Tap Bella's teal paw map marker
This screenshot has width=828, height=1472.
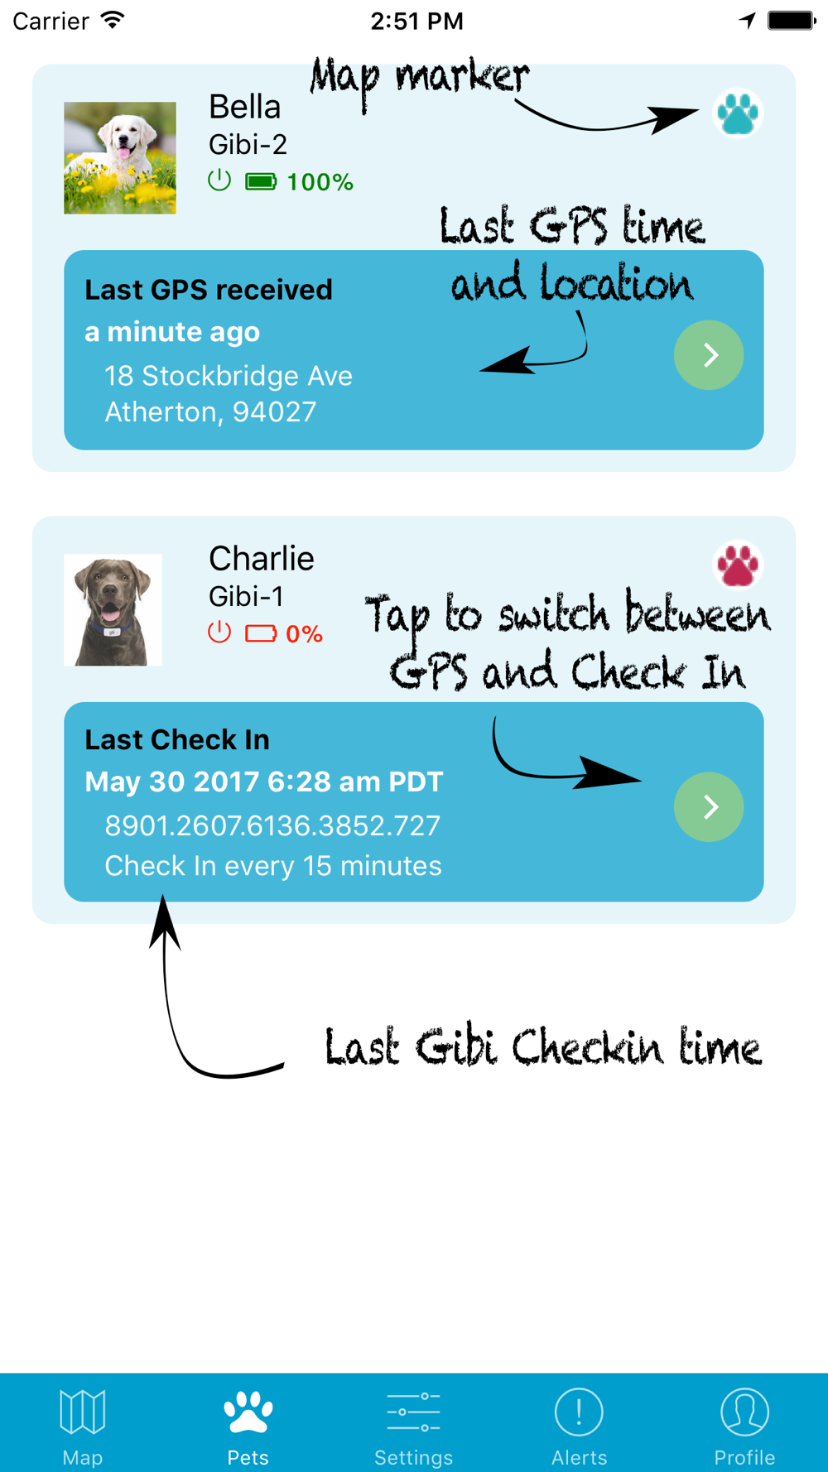[x=737, y=113]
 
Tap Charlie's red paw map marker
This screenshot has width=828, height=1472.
[x=737, y=565]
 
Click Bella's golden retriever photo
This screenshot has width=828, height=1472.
[x=120, y=157]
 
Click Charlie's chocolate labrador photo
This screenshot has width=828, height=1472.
[x=113, y=609]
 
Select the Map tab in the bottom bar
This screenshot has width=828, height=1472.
[x=83, y=1424]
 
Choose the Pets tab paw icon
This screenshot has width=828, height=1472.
[x=248, y=1412]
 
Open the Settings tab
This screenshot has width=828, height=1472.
[x=413, y=1424]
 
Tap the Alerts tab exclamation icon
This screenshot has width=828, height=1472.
[x=579, y=1412]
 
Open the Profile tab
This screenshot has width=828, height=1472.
[x=744, y=1424]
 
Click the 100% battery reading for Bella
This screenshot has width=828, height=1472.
[x=320, y=182]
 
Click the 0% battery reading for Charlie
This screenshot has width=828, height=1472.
[x=304, y=634]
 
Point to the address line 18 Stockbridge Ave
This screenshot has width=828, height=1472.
[x=229, y=376]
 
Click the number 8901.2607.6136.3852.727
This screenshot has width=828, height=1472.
[x=272, y=825]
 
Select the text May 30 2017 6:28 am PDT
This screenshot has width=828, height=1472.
[x=264, y=782]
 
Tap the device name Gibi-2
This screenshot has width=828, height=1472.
[x=248, y=145]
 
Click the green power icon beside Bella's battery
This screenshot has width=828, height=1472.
[x=219, y=180]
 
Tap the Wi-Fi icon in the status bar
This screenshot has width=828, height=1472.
[x=113, y=20]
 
